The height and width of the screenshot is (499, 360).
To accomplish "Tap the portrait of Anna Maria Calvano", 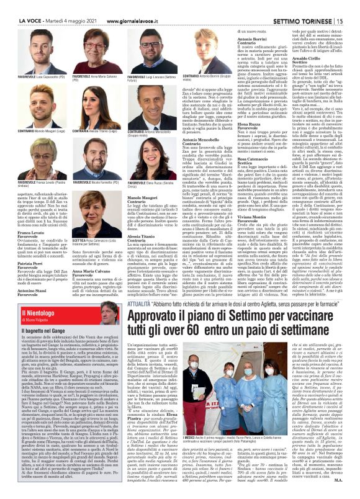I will pyautogui.click(x=90, y=58).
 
